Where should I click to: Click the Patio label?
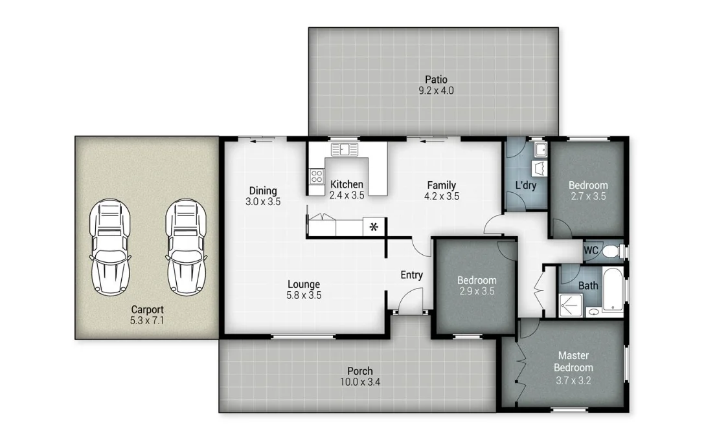tap(436, 80)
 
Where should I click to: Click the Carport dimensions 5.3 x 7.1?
tap(147, 320)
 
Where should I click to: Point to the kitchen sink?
tap(345, 150)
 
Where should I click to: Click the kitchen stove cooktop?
tap(317, 175)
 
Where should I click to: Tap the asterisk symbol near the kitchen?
tap(374, 226)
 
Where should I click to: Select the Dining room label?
tap(263, 191)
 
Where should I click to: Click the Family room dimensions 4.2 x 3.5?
tap(442, 196)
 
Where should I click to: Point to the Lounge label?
tap(304, 284)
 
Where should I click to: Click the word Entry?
tap(411, 275)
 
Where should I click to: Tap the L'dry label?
tap(526, 186)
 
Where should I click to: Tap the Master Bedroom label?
tap(574, 362)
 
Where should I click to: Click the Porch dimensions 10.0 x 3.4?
tap(359, 382)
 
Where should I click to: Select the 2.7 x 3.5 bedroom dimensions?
tap(587, 196)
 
